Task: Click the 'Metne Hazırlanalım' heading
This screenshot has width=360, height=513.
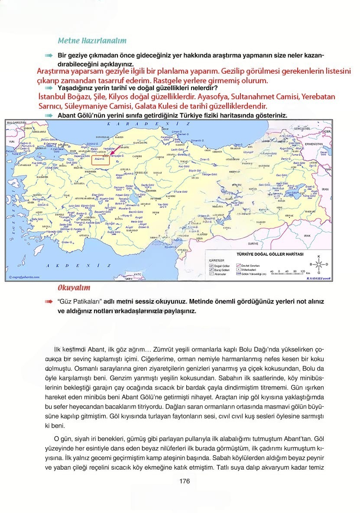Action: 92,41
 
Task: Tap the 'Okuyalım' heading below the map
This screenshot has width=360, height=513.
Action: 74,288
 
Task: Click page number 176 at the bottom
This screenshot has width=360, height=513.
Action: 184,481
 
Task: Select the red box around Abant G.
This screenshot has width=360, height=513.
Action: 100,159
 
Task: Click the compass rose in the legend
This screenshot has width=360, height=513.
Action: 318,263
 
